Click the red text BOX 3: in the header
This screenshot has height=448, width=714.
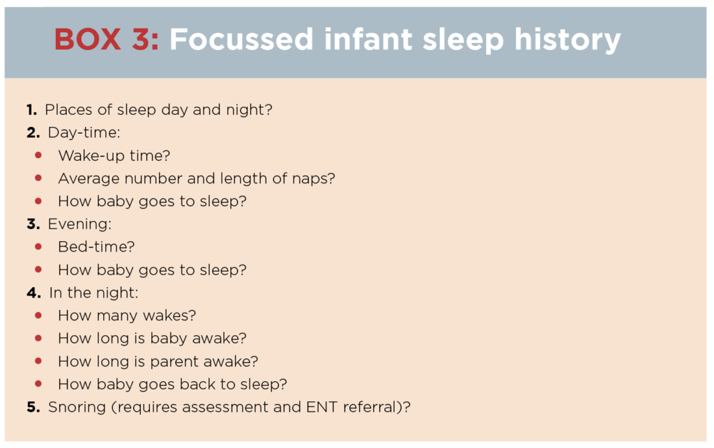coord(107,39)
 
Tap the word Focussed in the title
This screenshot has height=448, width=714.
coord(241,39)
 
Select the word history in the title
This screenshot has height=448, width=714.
coord(568,40)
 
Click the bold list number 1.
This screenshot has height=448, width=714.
coord(31,109)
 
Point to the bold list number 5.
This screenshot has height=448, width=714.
coord(33,407)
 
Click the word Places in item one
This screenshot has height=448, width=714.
coord(68,109)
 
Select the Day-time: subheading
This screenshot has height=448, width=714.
coord(84,133)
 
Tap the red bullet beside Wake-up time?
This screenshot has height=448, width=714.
coord(38,155)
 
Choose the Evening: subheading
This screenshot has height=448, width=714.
coord(79,224)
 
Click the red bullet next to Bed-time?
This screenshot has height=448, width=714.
coord(38,247)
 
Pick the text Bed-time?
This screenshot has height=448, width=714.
coord(96,247)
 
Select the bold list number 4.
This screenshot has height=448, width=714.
coord(33,293)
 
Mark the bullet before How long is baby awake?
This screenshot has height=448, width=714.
coord(38,338)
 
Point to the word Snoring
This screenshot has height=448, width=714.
coord(77,408)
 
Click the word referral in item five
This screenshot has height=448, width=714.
coord(370,407)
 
